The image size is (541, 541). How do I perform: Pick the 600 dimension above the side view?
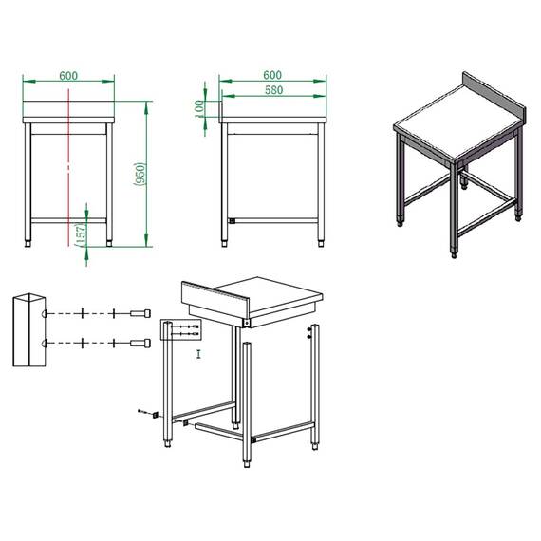click(x=272, y=74)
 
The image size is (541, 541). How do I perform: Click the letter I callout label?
click(x=197, y=354)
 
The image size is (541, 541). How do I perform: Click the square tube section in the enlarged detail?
click(x=28, y=329)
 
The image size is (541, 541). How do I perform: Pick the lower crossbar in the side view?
click(x=274, y=221)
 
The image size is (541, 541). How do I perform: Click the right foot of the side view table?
click(x=321, y=242)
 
